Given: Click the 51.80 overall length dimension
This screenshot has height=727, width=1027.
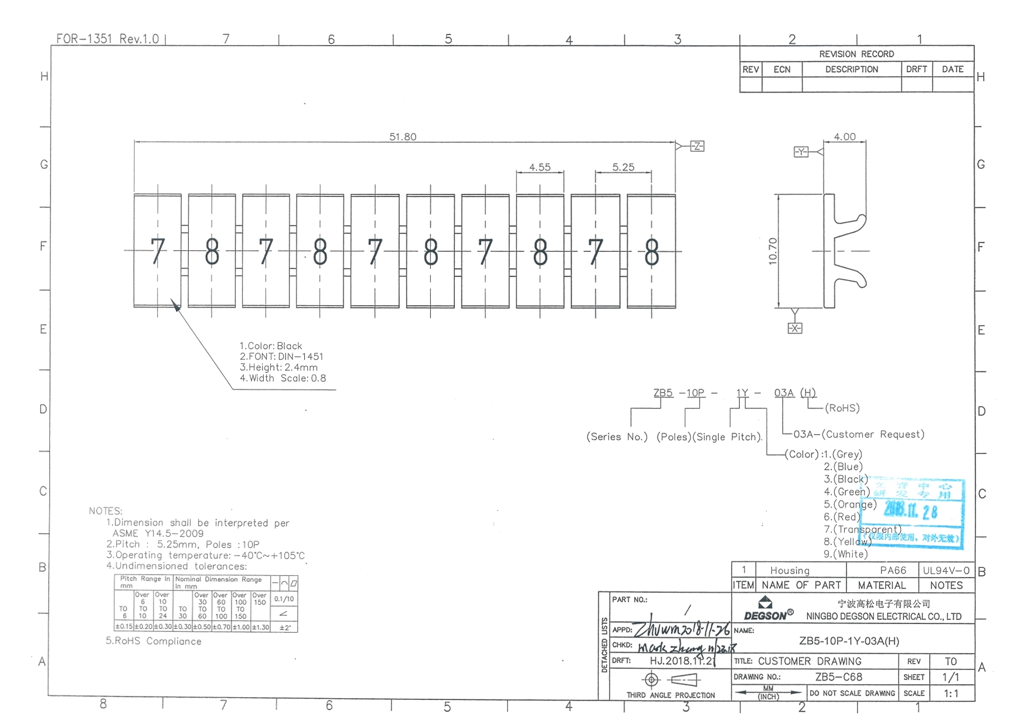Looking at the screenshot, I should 403,136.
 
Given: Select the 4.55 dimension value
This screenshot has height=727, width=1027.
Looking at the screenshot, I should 540,167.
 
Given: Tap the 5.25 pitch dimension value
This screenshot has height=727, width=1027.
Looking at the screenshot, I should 623,167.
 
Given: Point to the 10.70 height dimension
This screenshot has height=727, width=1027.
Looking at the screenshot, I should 773,251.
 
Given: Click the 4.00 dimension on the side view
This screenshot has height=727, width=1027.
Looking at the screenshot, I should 845,136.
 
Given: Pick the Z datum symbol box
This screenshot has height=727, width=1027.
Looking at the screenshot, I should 697,146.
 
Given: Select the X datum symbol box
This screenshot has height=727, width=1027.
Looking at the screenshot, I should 795,328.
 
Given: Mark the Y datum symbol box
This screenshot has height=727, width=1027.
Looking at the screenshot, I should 801,152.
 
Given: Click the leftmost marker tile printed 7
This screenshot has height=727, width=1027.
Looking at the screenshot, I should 157,251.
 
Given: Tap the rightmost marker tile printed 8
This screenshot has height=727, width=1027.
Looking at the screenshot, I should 651,251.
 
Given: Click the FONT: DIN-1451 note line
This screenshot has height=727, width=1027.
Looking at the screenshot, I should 281,356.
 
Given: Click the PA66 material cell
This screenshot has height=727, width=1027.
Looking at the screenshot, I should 893,570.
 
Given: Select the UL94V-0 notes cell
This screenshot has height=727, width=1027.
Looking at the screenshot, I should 946,570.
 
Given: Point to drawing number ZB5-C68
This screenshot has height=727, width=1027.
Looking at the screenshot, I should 838,677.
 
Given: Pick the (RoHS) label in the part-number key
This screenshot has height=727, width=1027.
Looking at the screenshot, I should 842,408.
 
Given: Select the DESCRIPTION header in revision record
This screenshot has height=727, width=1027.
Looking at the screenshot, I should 851,69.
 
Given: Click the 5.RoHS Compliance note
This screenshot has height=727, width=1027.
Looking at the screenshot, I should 154,641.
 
